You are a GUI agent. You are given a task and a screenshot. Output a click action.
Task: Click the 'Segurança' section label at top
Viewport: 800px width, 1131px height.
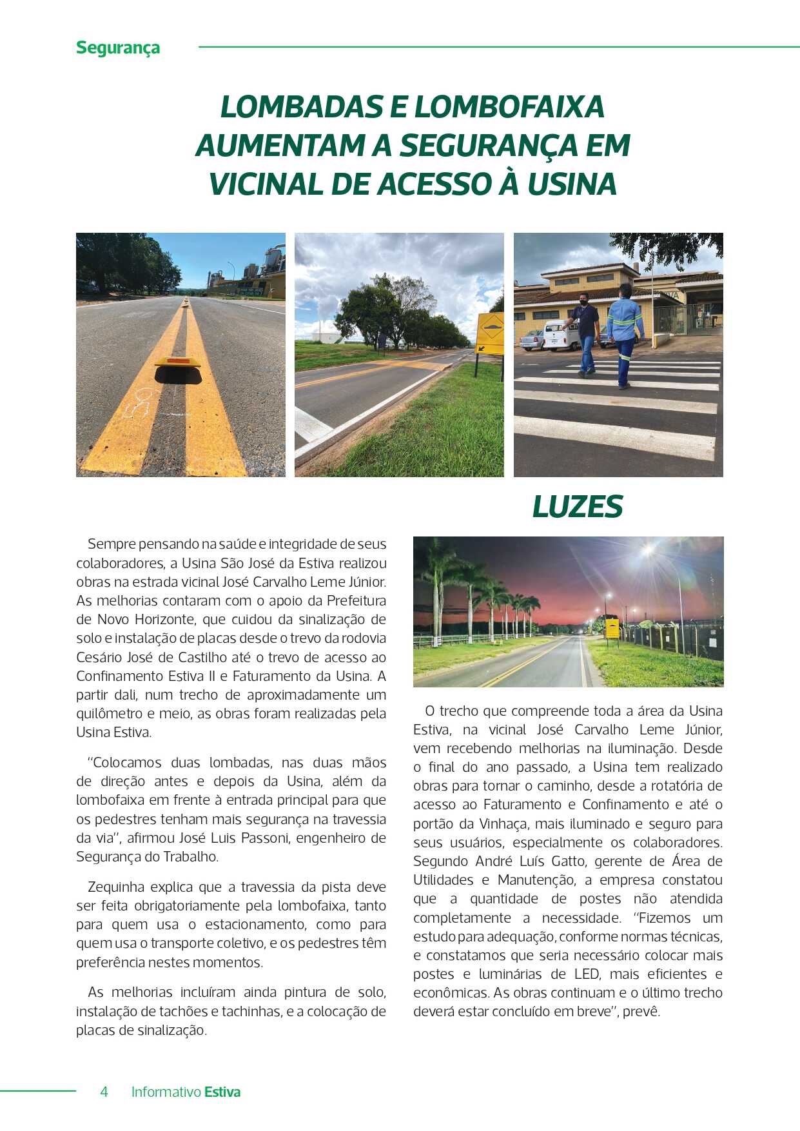click(x=118, y=48)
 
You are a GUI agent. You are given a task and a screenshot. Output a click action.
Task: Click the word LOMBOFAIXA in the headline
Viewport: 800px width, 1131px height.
click(x=509, y=107)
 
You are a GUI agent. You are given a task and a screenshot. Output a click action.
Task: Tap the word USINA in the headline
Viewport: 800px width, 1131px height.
click(x=572, y=184)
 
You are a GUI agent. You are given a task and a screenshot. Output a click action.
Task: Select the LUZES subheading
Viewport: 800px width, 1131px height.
click(x=577, y=507)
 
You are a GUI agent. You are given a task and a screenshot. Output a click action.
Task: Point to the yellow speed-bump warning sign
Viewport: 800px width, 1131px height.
click(x=491, y=329)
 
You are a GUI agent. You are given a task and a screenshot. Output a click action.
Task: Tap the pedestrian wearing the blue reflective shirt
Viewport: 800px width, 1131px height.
click(x=624, y=333)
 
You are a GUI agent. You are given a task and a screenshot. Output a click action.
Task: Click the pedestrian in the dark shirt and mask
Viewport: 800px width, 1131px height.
click(x=585, y=333)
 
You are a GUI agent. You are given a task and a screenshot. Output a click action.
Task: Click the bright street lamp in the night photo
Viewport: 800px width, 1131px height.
click(x=648, y=551)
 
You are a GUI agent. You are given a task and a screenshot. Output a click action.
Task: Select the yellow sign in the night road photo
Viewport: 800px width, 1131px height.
click(x=612, y=627)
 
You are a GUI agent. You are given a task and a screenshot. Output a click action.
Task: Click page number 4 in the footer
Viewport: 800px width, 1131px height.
click(x=104, y=1092)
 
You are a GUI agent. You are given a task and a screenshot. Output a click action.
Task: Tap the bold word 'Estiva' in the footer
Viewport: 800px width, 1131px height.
click(x=222, y=1092)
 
